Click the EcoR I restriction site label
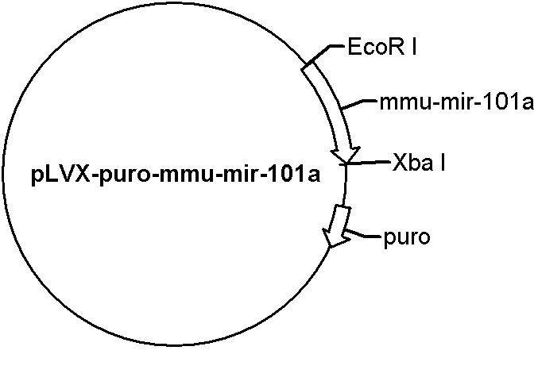tap(382, 47)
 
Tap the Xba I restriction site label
tap(419, 162)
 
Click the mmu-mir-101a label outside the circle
tap(457, 102)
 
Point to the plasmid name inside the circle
tap(176, 175)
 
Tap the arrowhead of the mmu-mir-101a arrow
tap(346, 154)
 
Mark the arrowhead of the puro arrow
tap(335, 238)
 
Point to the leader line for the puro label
tap(364, 234)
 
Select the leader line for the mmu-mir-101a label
tap(359, 105)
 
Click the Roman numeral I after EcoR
tap(414, 47)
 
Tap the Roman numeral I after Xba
tap(443, 162)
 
